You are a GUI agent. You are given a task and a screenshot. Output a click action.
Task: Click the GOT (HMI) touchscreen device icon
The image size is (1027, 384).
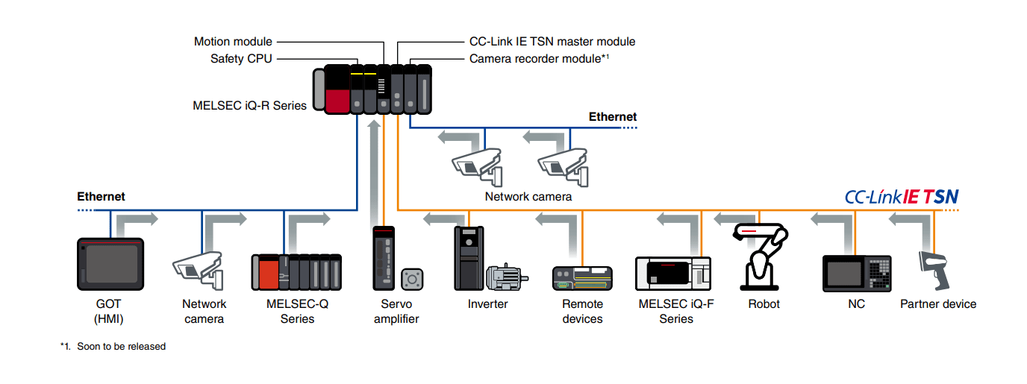[110, 264]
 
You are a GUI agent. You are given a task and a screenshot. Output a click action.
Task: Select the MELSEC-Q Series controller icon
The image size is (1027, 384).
[296, 271]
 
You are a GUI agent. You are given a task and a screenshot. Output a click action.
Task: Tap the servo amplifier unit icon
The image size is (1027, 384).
[384, 258]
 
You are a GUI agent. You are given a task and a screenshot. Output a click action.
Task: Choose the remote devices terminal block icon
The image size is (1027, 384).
[582, 277]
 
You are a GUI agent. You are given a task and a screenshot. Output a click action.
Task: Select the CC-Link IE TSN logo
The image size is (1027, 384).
[901, 197]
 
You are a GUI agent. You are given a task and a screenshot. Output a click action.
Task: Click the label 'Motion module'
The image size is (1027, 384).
[233, 42]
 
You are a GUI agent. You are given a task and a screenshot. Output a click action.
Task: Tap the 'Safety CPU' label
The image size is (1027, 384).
[241, 58]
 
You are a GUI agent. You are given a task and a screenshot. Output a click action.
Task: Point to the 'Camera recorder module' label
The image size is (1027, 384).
[538, 58]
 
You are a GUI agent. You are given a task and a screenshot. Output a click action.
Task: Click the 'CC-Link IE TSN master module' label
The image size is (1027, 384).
[552, 42]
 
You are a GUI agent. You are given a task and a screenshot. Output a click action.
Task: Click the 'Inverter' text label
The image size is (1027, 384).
[487, 304]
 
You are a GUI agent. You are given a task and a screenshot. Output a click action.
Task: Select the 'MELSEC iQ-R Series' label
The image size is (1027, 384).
[249, 106]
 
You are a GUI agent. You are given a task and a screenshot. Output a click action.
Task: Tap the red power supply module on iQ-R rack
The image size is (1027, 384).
[338, 89]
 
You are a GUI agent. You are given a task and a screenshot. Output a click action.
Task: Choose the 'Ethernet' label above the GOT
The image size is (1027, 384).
[101, 197]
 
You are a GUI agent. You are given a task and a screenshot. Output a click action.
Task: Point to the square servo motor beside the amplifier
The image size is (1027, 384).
[411, 280]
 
